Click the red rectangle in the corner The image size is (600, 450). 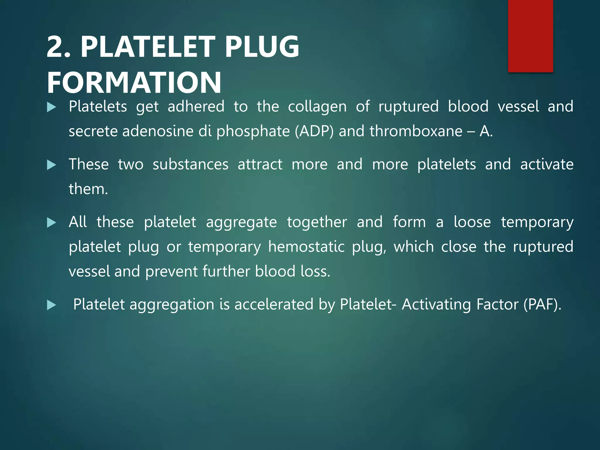(x=530, y=36)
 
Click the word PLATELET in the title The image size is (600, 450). (x=148, y=47)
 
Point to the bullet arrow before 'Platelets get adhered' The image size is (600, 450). (x=52, y=108)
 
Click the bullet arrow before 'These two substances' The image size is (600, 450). (x=52, y=165)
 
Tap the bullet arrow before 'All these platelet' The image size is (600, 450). (x=52, y=223)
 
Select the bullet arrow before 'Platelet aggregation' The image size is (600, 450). (x=52, y=305)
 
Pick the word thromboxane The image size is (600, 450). (x=416, y=131)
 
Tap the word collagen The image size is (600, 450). (x=317, y=107)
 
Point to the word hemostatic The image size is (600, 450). (x=306, y=247)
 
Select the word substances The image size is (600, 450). (x=190, y=165)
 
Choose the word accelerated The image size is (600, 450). (x=274, y=305)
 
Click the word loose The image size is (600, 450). (x=472, y=222)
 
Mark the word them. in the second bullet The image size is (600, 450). (x=88, y=189)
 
